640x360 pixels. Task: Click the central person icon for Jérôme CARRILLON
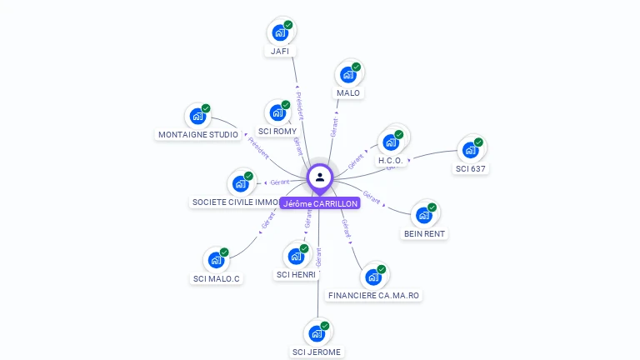(320, 177)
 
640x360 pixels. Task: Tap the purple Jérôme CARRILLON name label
(320, 203)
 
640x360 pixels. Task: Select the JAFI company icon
(279, 32)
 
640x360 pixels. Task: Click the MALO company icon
(347, 74)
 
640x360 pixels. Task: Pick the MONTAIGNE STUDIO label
(198, 134)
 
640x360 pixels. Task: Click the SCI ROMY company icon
(277, 112)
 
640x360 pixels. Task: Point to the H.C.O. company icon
(390, 142)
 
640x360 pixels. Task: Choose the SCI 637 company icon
(470, 150)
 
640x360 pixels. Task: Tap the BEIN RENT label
(424, 234)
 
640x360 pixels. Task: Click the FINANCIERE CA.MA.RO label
(374, 296)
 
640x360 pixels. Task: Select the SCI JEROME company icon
(317, 333)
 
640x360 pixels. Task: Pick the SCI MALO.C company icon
(217, 260)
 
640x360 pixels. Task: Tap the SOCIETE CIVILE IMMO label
(236, 202)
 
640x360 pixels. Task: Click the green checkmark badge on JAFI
(288, 25)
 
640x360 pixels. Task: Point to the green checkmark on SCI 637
(478, 142)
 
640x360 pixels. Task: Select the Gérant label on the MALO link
(334, 127)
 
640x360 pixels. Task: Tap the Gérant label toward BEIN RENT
(372, 198)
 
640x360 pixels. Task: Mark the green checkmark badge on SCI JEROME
(325, 326)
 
